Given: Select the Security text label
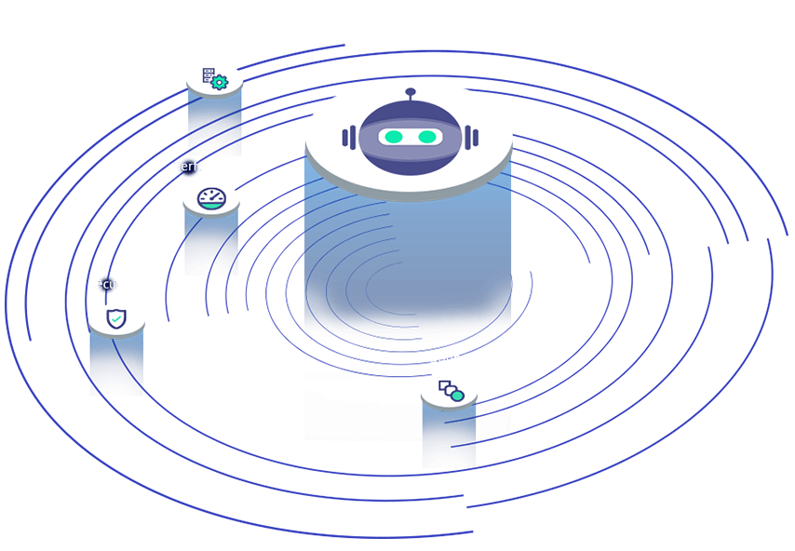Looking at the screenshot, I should click(113, 284).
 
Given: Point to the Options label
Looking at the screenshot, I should click(451, 358).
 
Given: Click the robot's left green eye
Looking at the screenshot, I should click(394, 138).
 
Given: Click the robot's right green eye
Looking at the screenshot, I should click(427, 138).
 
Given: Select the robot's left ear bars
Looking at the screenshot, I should click(349, 138).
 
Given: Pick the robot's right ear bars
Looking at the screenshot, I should click(472, 138).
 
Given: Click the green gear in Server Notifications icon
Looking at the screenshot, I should click(220, 82).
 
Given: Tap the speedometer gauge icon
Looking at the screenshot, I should click(211, 197).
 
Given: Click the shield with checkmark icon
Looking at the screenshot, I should click(116, 319).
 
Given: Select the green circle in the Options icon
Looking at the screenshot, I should click(457, 396).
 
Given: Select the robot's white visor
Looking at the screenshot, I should click(411, 138).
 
